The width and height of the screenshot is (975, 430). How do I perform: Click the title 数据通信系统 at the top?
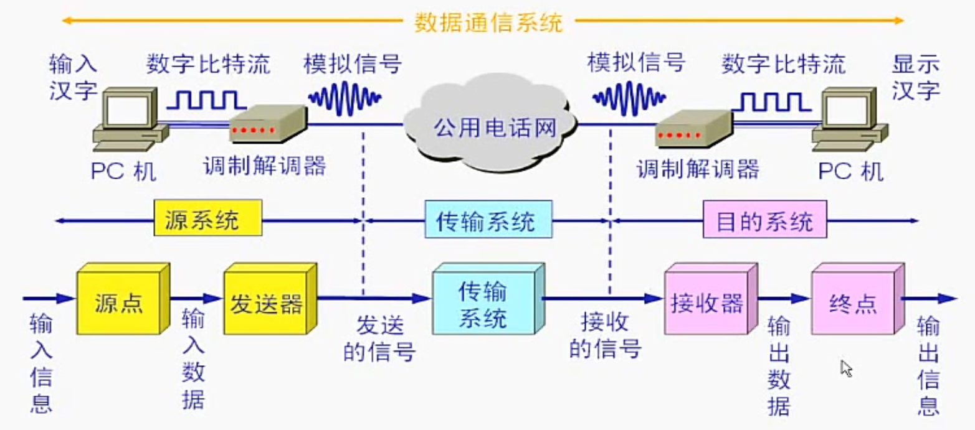point(488,23)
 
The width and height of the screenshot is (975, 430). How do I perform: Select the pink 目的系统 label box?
point(764,221)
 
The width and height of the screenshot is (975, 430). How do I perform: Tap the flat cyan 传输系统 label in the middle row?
point(488,221)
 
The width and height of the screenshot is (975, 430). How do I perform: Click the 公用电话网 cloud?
point(489,127)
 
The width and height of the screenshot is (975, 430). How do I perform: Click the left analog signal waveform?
point(345,97)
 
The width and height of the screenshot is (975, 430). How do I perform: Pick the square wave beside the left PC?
point(206,99)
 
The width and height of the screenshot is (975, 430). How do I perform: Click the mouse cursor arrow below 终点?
point(845,368)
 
